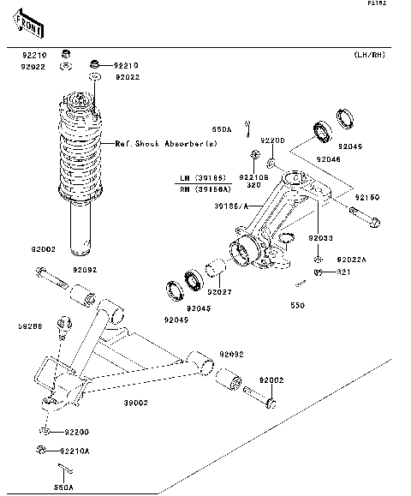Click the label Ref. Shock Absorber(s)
point(166,145)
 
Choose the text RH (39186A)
point(210,188)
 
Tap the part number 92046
point(328,159)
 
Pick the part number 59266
point(30,326)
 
